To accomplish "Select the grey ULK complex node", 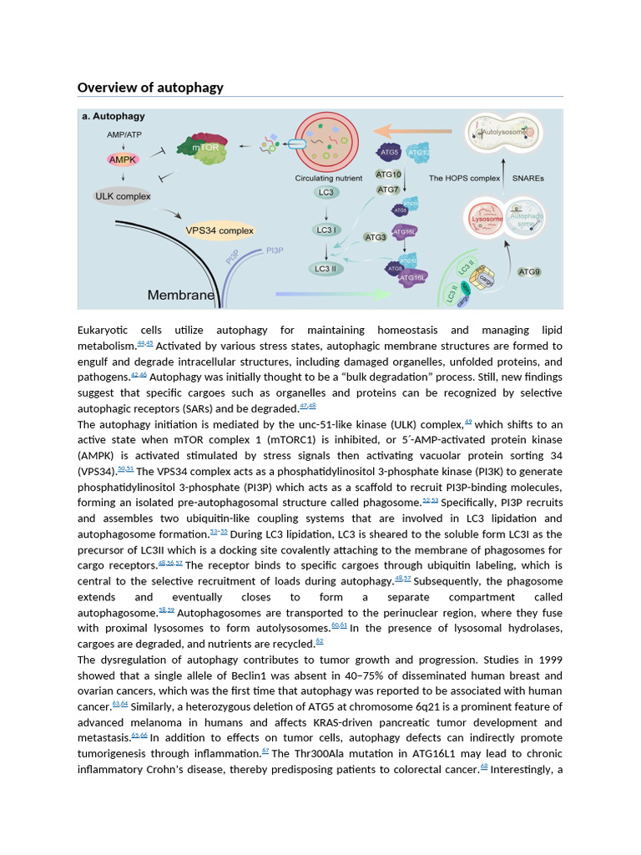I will point(122,197).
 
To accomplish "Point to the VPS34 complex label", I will point(220,230).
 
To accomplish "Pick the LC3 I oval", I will point(326,230).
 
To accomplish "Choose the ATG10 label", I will point(388,175).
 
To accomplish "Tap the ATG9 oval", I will point(529,271).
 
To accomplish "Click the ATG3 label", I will point(376,237).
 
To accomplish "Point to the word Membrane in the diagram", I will point(180,295).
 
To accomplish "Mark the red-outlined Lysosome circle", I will point(487,220).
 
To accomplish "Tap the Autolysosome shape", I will point(503,134).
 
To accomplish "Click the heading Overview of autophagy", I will point(150,88).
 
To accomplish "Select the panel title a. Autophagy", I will point(114,116).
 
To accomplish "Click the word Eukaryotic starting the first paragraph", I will point(105,330).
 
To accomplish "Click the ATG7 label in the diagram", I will point(388,190).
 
